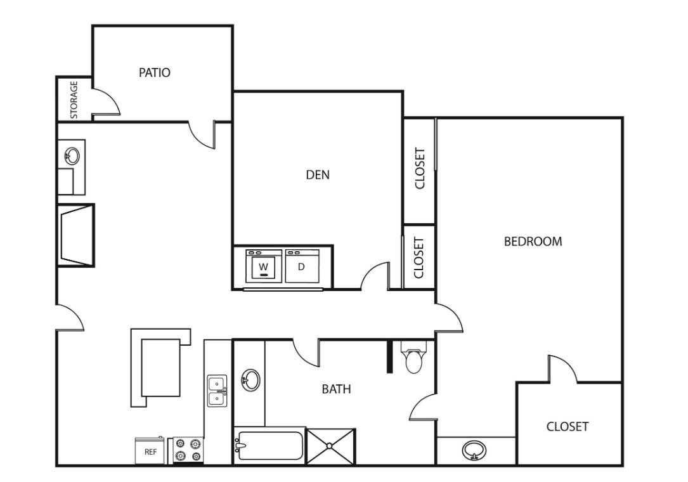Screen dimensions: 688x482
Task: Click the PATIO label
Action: click(155, 72)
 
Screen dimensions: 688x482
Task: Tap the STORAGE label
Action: click(74, 100)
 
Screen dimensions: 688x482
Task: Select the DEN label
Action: click(318, 174)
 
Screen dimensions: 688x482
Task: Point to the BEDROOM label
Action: click(533, 242)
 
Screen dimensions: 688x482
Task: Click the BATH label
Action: click(337, 389)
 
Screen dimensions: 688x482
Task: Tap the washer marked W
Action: click(264, 266)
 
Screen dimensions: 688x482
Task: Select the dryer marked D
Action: click(302, 266)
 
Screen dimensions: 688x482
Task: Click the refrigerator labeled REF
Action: click(150, 450)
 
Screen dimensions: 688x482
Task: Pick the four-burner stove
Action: click(188, 450)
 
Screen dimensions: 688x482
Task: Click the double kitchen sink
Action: click(217, 391)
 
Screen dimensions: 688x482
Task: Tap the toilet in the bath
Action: click(413, 356)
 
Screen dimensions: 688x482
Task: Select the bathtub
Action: click(268, 446)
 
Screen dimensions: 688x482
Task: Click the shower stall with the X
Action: click(330, 446)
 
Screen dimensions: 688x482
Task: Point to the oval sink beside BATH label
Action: click(250, 380)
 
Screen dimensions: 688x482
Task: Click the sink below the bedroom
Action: click(474, 450)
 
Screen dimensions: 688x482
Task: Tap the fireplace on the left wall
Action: click(76, 235)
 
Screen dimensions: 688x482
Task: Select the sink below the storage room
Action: click(72, 155)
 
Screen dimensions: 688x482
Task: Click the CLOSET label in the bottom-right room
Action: click(567, 427)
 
